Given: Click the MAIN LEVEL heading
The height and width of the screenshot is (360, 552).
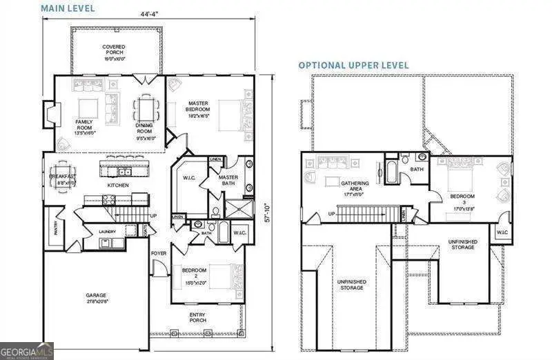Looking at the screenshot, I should [x=68, y=8].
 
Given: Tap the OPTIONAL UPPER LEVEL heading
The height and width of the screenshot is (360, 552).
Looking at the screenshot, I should [x=353, y=65].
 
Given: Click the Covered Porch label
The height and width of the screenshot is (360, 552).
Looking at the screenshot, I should [x=114, y=51].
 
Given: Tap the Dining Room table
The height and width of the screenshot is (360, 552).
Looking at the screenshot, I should [x=145, y=108].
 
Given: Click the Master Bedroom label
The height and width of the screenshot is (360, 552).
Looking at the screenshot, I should [x=199, y=108].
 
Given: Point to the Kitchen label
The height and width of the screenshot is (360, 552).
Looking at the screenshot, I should [x=117, y=186].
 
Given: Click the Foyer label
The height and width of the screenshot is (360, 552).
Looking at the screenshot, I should [x=159, y=253].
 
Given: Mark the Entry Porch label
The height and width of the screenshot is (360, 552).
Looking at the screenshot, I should [x=198, y=318].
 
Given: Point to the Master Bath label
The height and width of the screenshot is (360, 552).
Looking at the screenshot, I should [x=228, y=179].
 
